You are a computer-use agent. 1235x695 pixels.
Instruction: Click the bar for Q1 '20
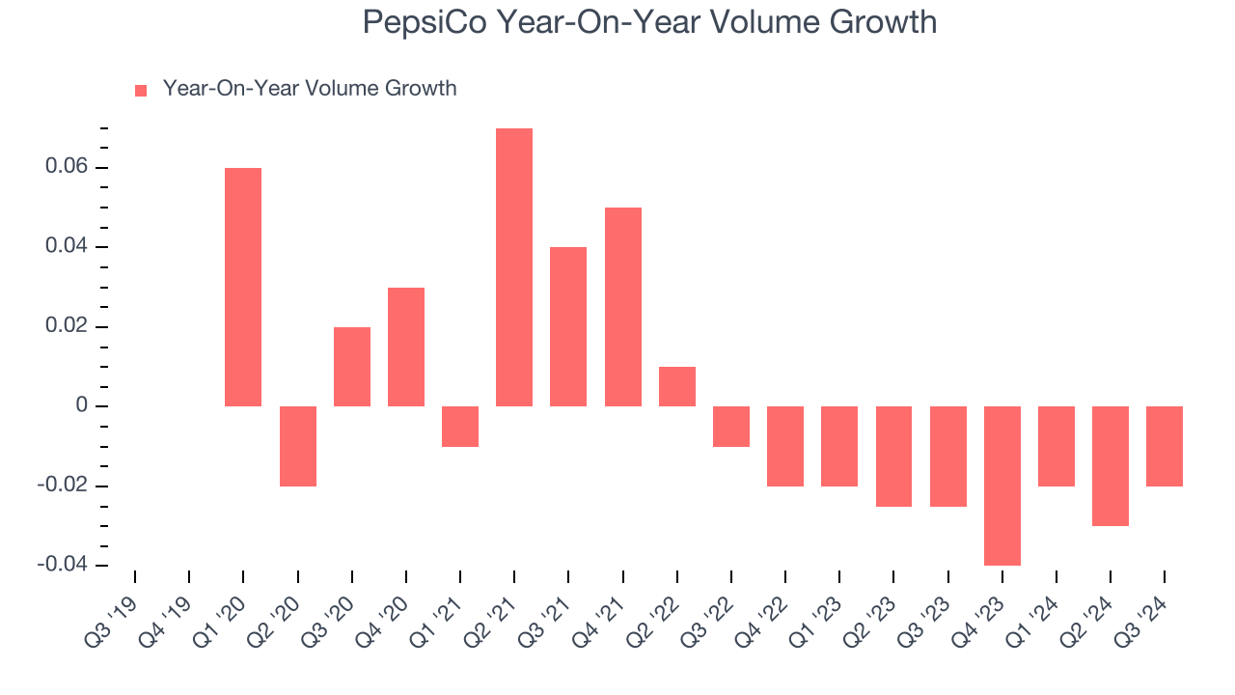(x=243, y=287)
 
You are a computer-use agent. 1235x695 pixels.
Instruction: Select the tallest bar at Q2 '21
(x=514, y=267)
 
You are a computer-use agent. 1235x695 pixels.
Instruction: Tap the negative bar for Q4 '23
(x=1002, y=486)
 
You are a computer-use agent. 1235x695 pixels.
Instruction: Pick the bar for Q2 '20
(x=298, y=446)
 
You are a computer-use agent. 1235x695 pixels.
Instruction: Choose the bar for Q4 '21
(x=623, y=307)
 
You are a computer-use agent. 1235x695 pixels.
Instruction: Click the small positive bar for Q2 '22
(x=677, y=386)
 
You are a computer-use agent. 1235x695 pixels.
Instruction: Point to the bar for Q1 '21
(x=460, y=427)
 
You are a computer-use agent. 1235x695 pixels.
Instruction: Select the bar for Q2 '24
(x=1111, y=466)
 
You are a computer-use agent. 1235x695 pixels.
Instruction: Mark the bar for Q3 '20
(x=352, y=367)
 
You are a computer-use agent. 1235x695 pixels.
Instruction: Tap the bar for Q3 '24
(x=1165, y=446)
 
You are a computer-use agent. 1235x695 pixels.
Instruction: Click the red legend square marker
(x=141, y=91)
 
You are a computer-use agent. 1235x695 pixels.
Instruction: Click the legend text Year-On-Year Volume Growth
(x=309, y=89)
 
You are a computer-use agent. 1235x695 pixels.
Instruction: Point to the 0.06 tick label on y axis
(x=66, y=168)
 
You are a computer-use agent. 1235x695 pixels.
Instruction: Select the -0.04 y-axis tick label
(x=62, y=565)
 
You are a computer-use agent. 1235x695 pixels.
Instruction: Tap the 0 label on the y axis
(x=81, y=406)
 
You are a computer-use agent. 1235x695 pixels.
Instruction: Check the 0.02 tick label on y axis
(x=66, y=327)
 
